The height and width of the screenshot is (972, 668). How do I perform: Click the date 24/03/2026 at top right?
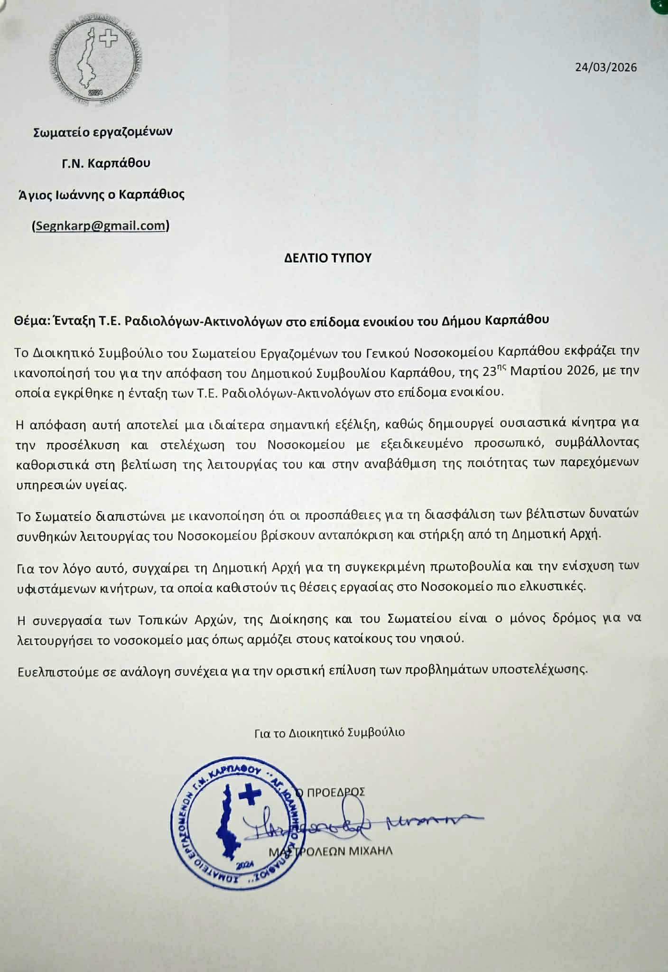tap(606, 67)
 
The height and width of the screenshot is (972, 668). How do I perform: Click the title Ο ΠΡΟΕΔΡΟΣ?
tap(330, 792)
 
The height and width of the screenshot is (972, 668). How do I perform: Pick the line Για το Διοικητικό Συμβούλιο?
tap(329, 732)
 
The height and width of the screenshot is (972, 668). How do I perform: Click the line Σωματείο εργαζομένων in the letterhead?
tap(102, 131)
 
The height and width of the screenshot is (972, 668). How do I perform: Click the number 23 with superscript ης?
tap(493, 372)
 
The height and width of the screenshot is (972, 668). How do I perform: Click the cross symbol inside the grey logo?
tap(110, 39)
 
